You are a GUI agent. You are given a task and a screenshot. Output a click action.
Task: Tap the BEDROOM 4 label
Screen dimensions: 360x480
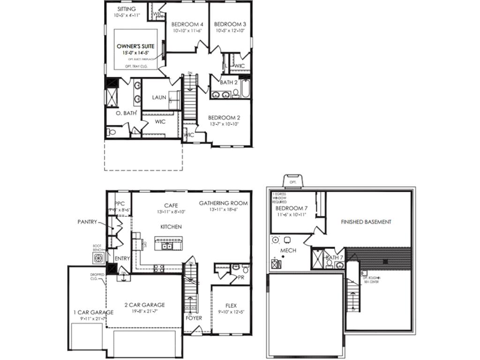coord(187,24)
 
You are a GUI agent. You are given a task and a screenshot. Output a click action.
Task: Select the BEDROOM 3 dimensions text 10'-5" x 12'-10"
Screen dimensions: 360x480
coord(230,31)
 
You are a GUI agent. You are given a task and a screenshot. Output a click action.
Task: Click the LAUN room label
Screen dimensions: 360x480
coord(159,97)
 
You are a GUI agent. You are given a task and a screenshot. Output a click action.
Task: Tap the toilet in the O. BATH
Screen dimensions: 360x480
coord(111,132)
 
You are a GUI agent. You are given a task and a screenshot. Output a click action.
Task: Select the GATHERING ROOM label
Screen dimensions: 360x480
coord(223,203)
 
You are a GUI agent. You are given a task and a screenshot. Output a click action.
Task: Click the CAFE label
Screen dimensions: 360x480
coord(170,205)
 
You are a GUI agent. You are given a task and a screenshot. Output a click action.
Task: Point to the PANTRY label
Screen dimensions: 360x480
coord(87,222)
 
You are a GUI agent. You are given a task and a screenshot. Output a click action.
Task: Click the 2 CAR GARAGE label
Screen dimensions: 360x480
coord(144,305)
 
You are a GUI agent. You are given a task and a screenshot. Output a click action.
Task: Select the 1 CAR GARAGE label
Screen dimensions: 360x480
coord(93,312)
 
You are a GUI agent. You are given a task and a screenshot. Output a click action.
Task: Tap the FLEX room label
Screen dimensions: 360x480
coord(231,304)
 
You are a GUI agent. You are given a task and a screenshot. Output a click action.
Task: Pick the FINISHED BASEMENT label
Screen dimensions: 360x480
coord(366,222)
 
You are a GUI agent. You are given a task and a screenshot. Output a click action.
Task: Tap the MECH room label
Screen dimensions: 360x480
coord(288,251)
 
